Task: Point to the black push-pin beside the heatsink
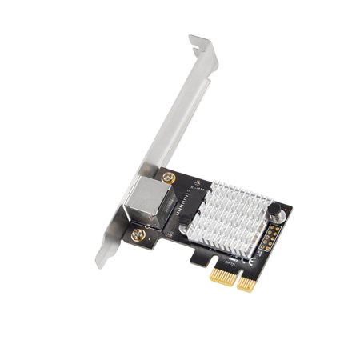tap(278, 211)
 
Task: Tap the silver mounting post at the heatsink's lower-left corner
tap(186, 234)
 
